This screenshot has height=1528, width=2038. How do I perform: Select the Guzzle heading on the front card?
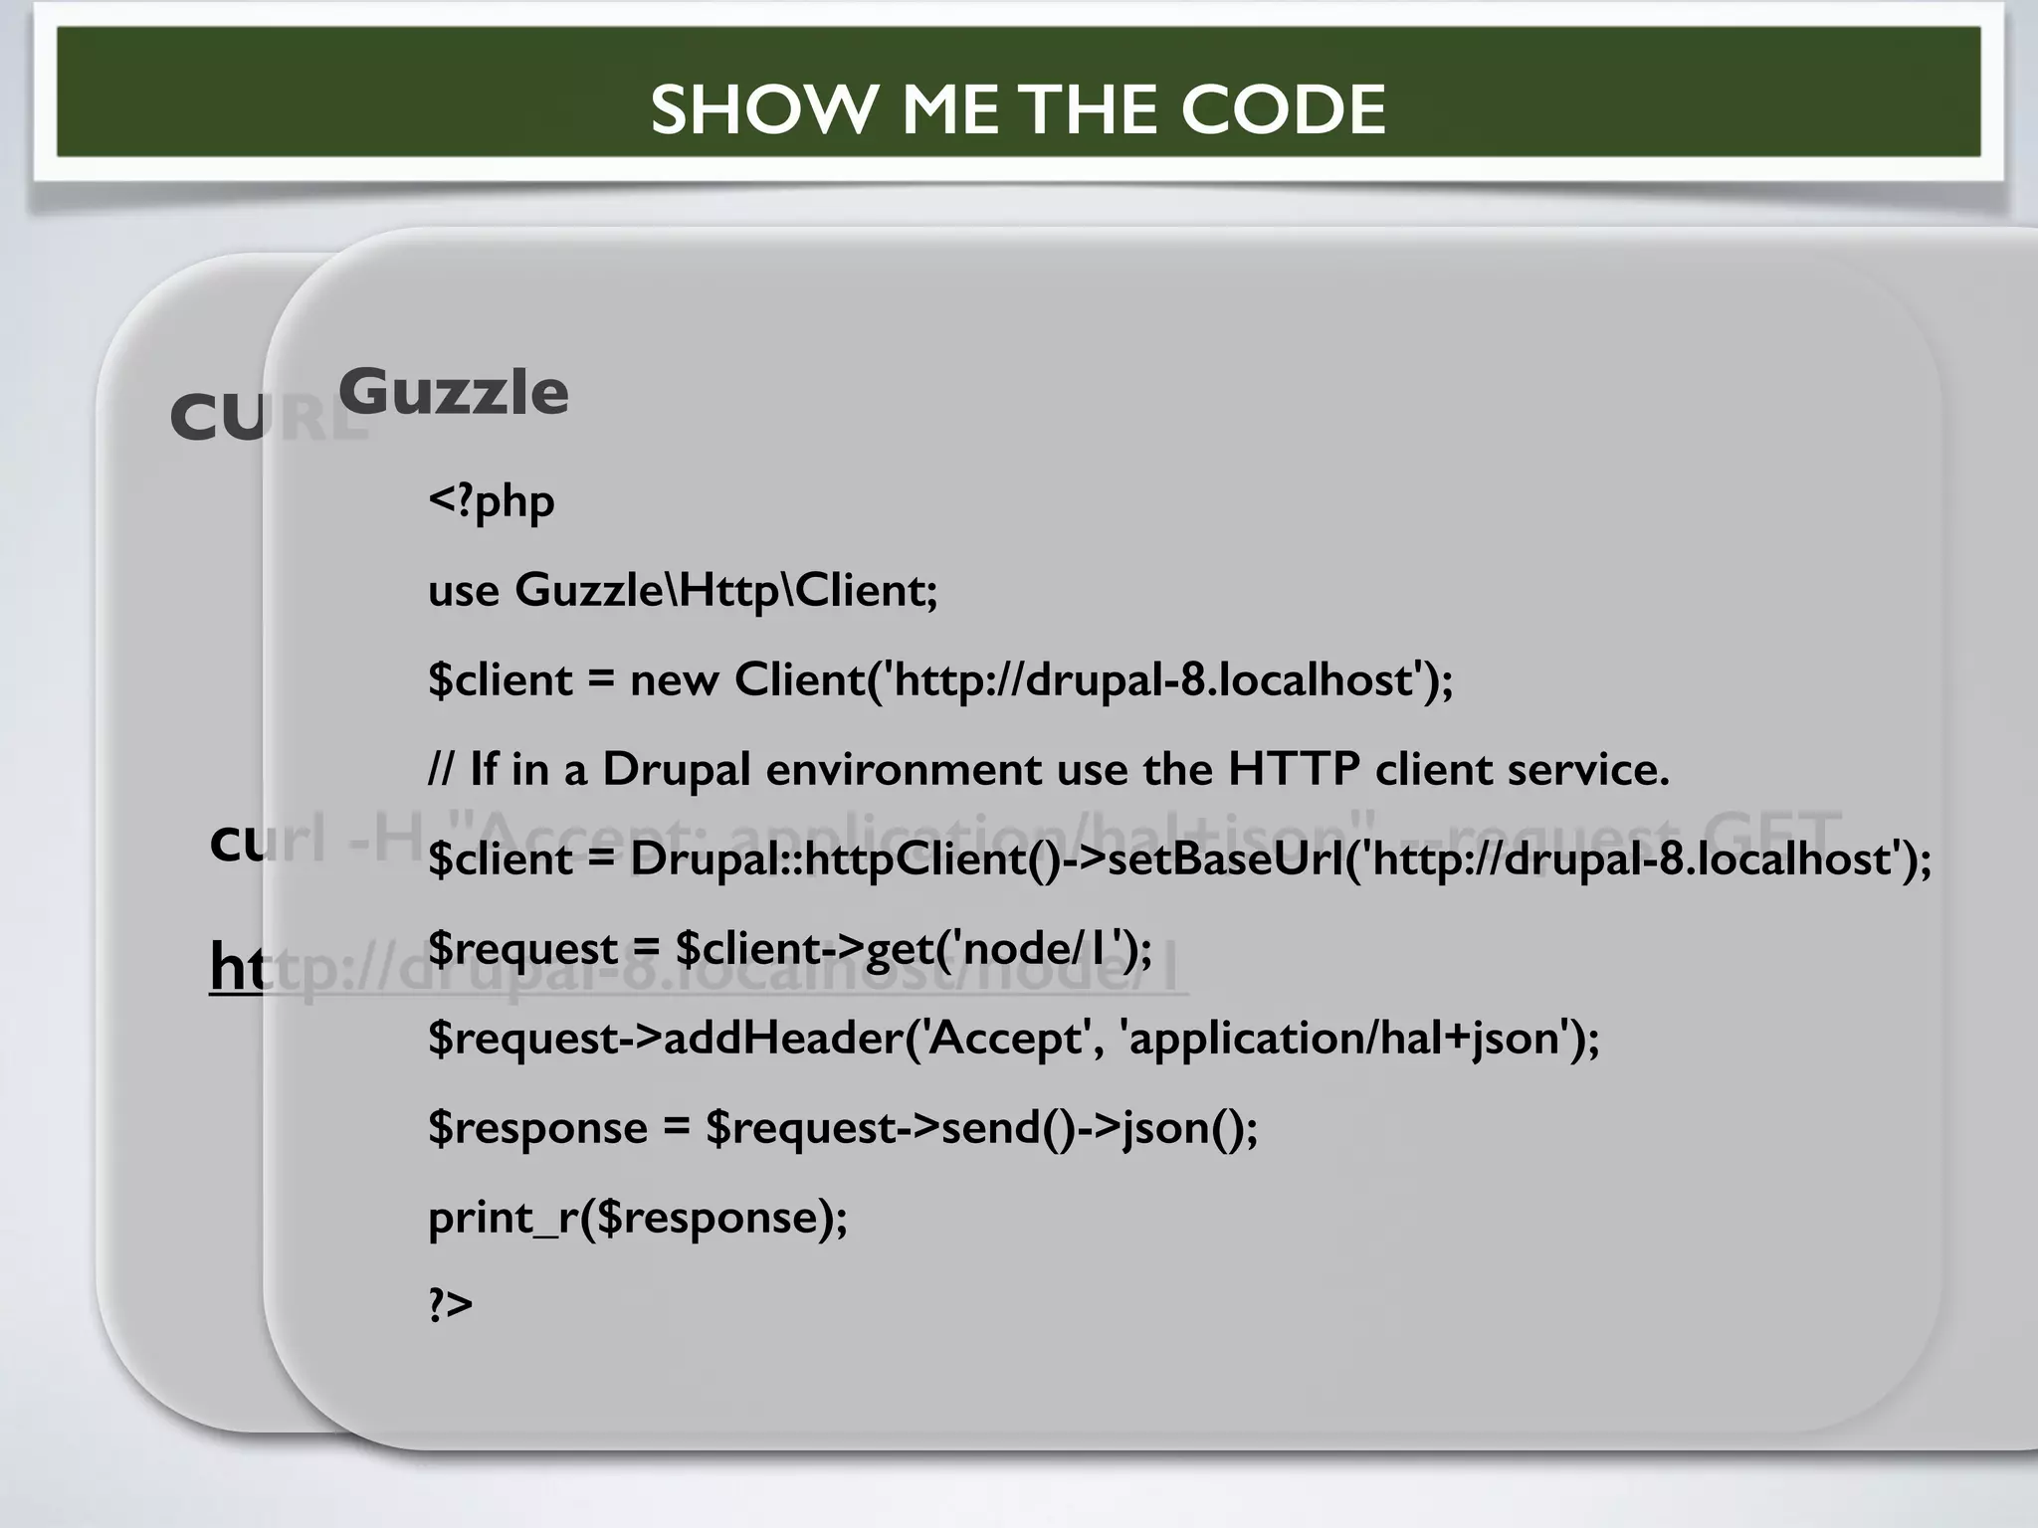point(454,391)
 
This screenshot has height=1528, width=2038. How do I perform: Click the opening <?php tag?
point(491,499)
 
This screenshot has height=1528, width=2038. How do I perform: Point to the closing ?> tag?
point(450,1304)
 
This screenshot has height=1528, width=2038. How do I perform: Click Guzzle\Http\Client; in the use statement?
point(726,590)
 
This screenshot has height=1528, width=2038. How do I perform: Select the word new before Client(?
point(674,680)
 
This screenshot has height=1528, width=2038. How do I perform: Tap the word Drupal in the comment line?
point(676,769)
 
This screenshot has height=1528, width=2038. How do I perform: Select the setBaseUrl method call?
point(1224,859)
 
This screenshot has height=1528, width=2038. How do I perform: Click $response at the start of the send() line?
point(537,1127)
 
